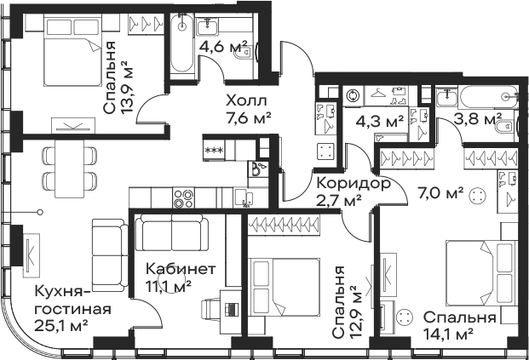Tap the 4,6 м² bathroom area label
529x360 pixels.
click(x=223, y=47)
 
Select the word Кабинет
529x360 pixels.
click(x=181, y=269)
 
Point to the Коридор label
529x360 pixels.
click(x=354, y=183)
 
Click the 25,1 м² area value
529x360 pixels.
click(x=61, y=325)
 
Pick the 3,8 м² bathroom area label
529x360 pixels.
click(x=478, y=118)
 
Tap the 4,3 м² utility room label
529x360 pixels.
click(x=380, y=121)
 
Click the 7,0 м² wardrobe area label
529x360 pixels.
click(x=440, y=193)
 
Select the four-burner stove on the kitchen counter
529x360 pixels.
click(x=183, y=198)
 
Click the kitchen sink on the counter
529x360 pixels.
click(x=244, y=197)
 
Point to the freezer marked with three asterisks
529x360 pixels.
click(x=214, y=150)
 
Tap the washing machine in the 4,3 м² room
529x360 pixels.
click(x=353, y=95)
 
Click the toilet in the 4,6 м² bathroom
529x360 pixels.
click(x=244, y=53)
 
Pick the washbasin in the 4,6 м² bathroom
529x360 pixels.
click(x=206, y=26)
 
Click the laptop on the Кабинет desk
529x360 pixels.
click(x=232, y=308)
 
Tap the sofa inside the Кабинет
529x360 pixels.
click(x=172, y=232)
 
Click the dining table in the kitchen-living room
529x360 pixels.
click(x=70, y=169)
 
